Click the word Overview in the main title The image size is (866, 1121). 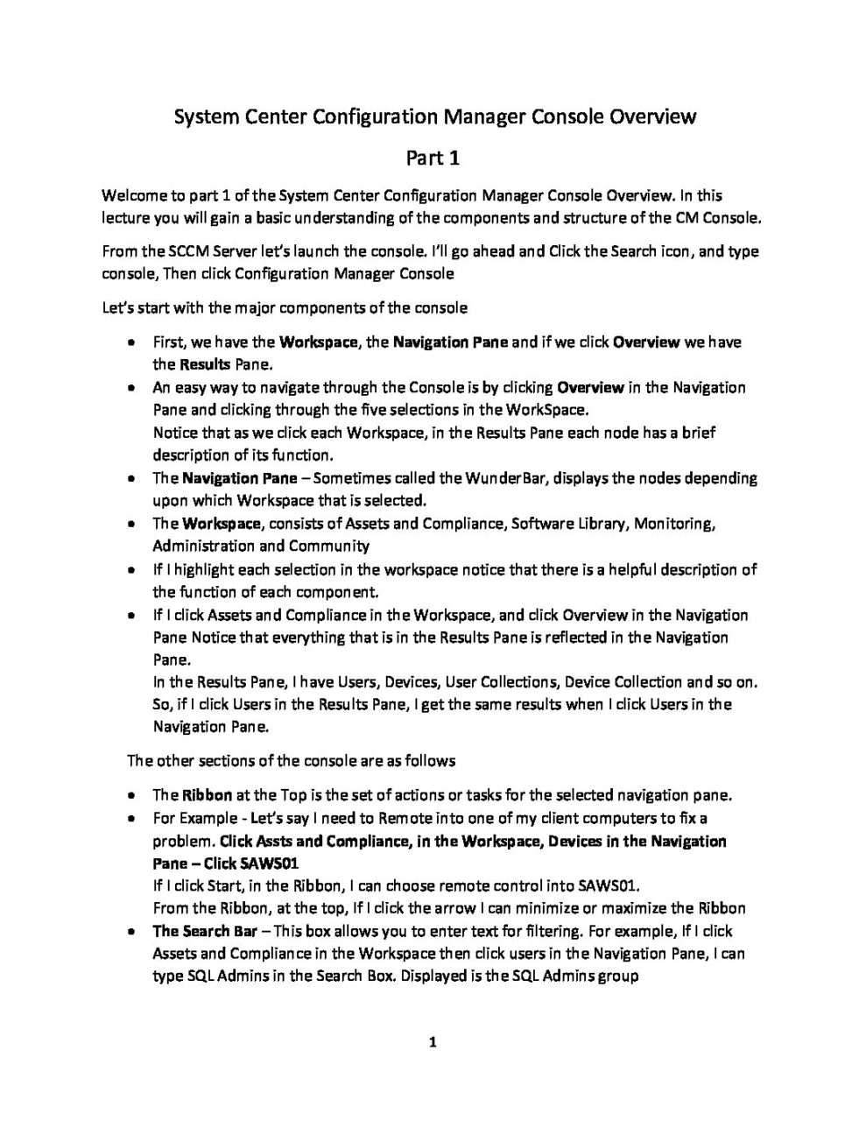(647, 116)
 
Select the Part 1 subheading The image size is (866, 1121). (433, 159)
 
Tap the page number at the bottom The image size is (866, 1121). (433, 1042)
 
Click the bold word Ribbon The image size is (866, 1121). (207, 795)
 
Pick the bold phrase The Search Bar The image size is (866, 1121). (205, 931)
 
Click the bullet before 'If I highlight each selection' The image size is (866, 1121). (130, 570)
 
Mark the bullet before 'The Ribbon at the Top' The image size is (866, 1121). (130, 796)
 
